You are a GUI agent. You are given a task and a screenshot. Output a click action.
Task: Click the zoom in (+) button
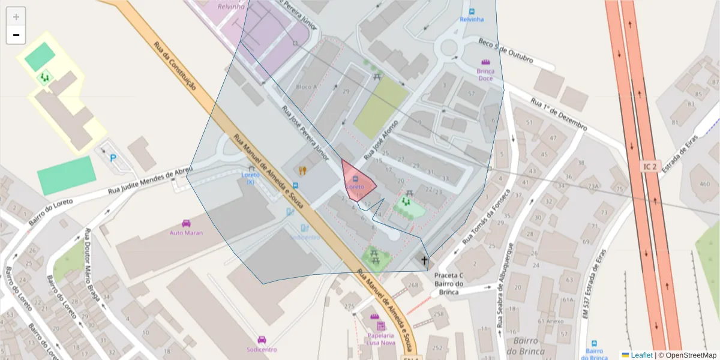click(16, 17)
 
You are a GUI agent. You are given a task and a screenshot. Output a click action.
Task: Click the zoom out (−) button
click(16, 35)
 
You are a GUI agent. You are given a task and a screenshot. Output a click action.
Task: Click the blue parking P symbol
click(113, 158)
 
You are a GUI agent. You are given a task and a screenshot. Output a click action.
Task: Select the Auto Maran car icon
click(186, 224)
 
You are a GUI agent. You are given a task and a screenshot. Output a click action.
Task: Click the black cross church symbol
click(424, 260)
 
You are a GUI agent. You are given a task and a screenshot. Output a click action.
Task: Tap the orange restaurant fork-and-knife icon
click(302, 170)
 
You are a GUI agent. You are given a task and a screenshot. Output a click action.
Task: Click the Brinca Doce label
click(485, 74)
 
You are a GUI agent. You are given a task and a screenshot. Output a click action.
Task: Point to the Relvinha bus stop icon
click(472, 11)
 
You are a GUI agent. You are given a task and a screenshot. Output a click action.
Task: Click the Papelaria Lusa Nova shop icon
click(380, 326)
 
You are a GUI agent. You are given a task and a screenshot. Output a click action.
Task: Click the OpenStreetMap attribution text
click(687, 355)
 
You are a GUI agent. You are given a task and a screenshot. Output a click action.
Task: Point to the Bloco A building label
click(306, 87)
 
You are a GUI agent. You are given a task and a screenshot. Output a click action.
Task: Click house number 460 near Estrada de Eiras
click(700, 183)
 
